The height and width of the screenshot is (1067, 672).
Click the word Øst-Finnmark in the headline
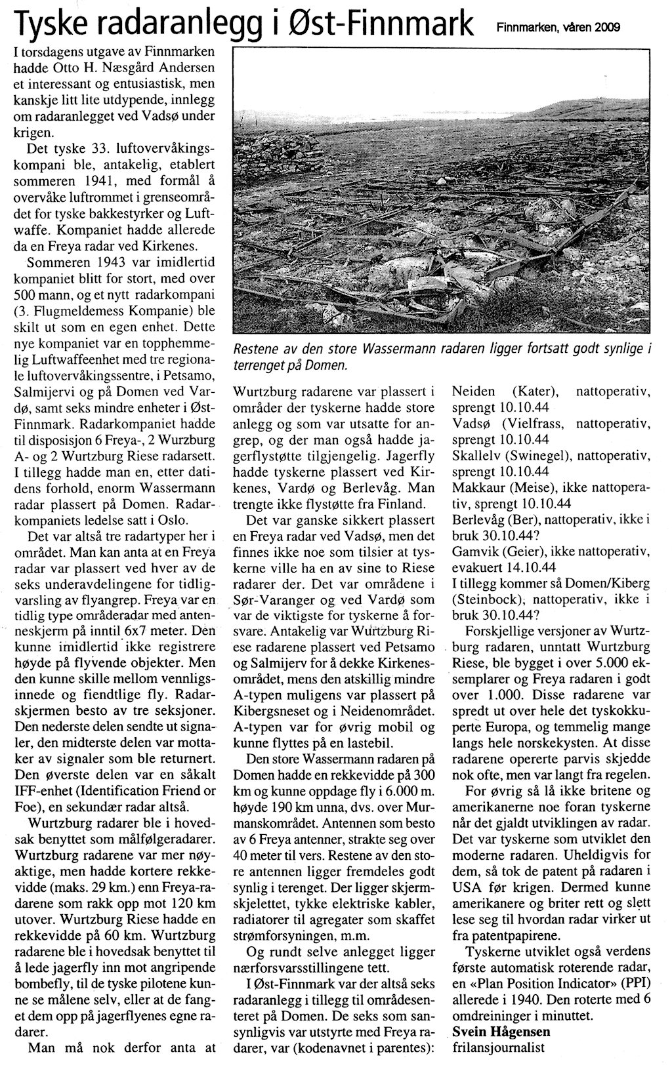pos(390,25)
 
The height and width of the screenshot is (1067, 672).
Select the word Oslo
pos(172,520)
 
